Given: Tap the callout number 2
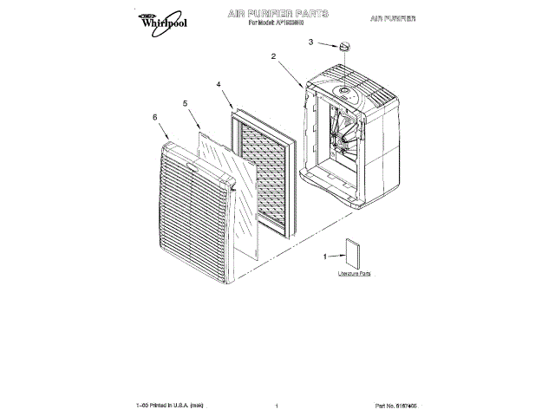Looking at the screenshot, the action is pyautogui.click(x=273, y=56).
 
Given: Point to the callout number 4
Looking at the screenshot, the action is pyautogui.click(x=219, y=85).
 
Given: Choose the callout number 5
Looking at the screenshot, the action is pyautogui.click(x=185, y=103).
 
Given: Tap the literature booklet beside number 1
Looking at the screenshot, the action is pyautogui.click(x=353, y=253).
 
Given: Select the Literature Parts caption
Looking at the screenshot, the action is pyautogui.click(x=354, y=274).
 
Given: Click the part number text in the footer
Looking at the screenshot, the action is pyautogui.click(x=402, y=405).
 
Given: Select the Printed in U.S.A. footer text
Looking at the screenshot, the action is pyautogui.click(x=169, y=405).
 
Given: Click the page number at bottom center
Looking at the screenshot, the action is pyautogui.click(x=275, y=406).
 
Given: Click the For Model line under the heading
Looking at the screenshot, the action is pyautogui.click(x=278, y=23).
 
